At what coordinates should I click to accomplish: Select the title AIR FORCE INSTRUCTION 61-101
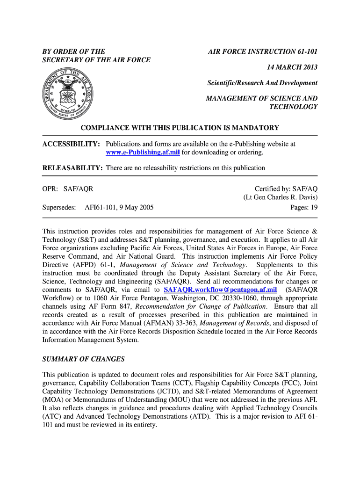263,51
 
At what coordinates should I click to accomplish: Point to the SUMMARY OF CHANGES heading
84,359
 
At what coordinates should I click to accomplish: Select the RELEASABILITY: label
72,168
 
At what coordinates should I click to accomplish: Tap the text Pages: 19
304,207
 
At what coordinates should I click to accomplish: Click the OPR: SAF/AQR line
68,189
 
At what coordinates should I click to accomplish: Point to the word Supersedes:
59,207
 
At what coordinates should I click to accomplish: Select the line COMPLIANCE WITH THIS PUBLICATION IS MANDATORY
180,128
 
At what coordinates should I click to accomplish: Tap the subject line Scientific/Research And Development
262,83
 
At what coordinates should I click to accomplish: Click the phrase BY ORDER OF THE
74,51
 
